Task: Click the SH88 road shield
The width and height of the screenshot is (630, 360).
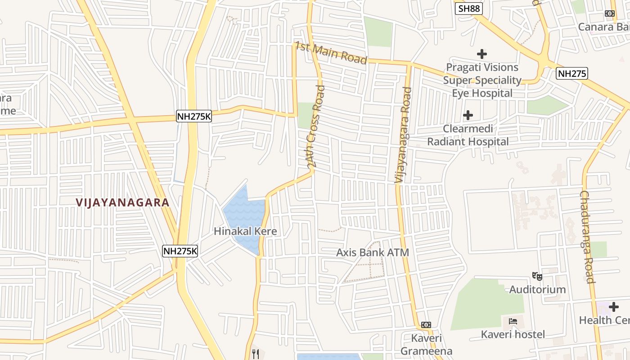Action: coord(469,9)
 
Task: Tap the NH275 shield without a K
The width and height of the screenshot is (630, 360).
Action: coord(572,73)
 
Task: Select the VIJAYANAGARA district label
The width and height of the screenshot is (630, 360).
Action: coord(122,202)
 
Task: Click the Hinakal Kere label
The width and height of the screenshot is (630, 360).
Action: coord(245,231)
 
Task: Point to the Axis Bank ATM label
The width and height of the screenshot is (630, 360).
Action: coord(373,252)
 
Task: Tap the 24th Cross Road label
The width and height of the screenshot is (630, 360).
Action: coord(317,126)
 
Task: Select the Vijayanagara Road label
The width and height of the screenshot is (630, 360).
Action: coord(403,135)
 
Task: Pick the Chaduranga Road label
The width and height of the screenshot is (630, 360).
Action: coord(588,237)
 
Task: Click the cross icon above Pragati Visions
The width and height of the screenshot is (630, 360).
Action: coord(482,54)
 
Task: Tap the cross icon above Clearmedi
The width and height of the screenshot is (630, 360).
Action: coord(468,116)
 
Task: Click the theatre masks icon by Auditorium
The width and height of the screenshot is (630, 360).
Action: coord(536,276)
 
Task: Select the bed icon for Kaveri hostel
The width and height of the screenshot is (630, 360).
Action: coord(513,321)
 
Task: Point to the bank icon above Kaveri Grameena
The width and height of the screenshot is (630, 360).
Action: coord(426,325)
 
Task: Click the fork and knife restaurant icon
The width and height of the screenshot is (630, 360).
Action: coord(256,354)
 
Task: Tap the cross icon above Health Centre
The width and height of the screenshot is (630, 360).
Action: coord(613,307)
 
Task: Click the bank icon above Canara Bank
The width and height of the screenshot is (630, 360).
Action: coord(610,13)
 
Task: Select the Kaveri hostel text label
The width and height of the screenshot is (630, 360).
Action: coord(513,334)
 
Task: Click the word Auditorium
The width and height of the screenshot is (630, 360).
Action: coord(537,289)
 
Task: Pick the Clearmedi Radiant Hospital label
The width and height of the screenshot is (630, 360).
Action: coord(468,135)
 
